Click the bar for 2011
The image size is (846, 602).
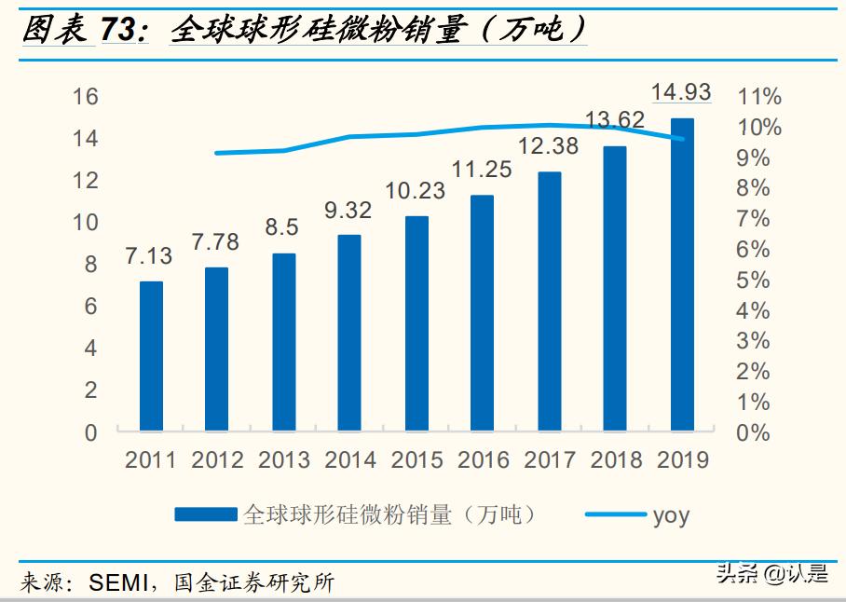click(151, 356)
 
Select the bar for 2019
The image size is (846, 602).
click(682, 275)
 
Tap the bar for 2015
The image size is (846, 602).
click(416, 323)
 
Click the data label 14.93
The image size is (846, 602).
click(681, 92)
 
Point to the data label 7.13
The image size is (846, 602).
click(150, 256)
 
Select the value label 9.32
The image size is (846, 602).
click(348, 211)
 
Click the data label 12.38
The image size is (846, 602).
click(549, 146)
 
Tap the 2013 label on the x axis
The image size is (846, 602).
click(284, 459)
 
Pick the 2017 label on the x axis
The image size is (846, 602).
click(550, 459)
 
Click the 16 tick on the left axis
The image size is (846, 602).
click(85, 97)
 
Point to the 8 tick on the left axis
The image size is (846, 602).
click(90, 265)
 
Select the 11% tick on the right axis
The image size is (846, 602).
click(759, 97)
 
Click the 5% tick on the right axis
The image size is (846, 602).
click(754, 280)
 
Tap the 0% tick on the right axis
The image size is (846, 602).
click(754, 433)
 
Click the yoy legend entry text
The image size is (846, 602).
click(671, 514)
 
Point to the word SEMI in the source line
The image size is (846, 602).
click(117, 583)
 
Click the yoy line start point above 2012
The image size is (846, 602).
click(216, 153)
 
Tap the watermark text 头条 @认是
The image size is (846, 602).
click(771, 574)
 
